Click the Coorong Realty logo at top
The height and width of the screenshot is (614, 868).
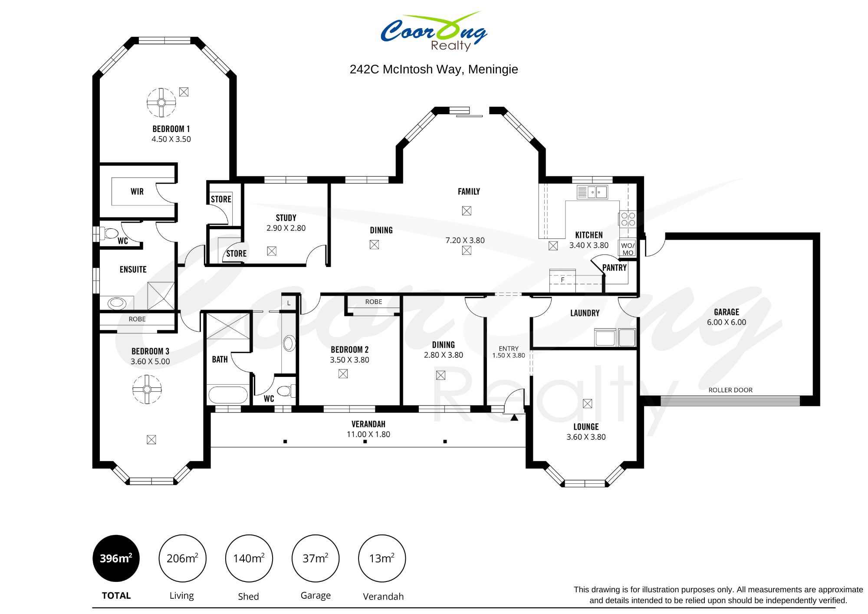pyautogui.click(x=434, y=31)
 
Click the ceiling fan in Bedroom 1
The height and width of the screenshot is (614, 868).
pyautogui.click(x=161, y=103)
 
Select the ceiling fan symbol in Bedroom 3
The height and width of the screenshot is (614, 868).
pyautogui.click(x=147, y=389)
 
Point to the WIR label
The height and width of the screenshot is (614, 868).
pyautogui.click(x=137, y=191)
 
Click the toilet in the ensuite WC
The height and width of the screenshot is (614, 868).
pyautogui.click(x=110, y=234)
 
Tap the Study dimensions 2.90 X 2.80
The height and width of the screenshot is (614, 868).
pyautogui.click(x=286, y=228)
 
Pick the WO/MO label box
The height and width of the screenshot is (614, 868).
pyautogui.click(x=628, y=248)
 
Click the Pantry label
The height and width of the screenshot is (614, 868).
pyautogui.click(x=615, y=267)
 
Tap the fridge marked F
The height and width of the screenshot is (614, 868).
pyautogui.click(x=562, y=280)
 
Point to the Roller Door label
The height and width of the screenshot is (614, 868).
pyautogui.click(x=730, y=390)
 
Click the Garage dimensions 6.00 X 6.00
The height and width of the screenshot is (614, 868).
pyautogui.click(x=727, y=322)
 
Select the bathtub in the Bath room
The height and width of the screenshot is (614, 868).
pyautogui.click(x=228, y=395)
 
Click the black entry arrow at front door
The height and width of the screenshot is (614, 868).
pyautogui.click(x=514, y=418)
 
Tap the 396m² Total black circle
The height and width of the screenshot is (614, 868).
pyautogui.click(x=116, y=558)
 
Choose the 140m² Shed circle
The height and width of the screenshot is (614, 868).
pyautogui.click(x=249, y=558)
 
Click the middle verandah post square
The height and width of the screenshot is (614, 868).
pyautogui.click(x=365, y=442)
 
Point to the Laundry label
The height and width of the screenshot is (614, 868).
pyautogui.click(x=585, y=313)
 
